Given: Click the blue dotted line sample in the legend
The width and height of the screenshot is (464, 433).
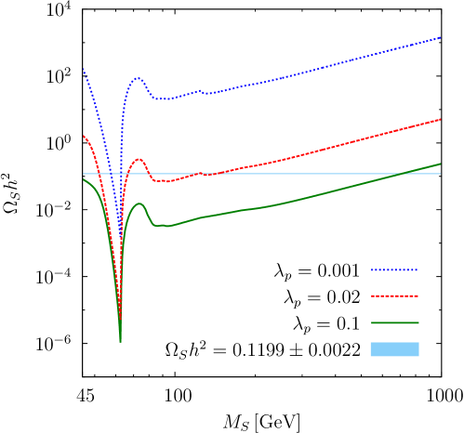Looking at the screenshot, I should pyautogui.click(x=394, y=270).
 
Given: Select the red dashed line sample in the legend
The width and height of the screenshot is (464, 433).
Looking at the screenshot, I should pyautogui.click(x=394, y=296).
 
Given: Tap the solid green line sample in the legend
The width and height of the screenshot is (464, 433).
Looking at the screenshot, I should pyautogui.click(x=394, y=323).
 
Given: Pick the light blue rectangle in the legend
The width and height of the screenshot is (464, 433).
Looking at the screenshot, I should pyautogui.click(x=394, y=349).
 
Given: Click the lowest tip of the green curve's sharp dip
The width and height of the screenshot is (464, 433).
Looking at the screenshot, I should pyautogui.click(x=120, y=341).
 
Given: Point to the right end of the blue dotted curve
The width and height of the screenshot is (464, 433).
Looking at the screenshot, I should pyautogui.click(x=440, y=38).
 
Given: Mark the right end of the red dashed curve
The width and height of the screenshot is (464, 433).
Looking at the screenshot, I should pyautogui.click(x=440, y=119).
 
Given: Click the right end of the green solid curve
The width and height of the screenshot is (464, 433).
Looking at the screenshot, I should pyautogui.click(x=440, y=164).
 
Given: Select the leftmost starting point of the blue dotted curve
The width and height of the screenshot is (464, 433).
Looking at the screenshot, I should pyautogui.click(x=83, y=69).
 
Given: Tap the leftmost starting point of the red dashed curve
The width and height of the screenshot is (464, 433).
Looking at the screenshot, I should pyautogui.click(x=83, y=136).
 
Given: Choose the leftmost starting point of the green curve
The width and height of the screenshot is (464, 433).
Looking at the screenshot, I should pyautogui.click(x=83, y=179).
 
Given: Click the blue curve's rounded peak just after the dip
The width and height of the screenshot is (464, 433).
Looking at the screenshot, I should pyautogui.click(x=138, y=78).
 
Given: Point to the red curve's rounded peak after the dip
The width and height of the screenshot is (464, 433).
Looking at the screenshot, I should pyautogui.click(x=139, y=159).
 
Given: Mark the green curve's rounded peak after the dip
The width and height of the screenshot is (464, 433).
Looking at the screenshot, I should pyautogui.click(x=140, y=203).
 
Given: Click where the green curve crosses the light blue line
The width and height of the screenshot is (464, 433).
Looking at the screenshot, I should pyautogui.click(x=402, y=174).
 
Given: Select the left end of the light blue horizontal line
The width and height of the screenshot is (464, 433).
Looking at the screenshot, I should pyautogui.click(x=83, y=174).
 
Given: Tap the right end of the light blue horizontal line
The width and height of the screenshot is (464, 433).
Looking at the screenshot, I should pyautogui.click(x=440, y=174).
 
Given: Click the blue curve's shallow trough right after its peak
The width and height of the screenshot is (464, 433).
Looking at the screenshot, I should pyautogui.click(x=164, y=98).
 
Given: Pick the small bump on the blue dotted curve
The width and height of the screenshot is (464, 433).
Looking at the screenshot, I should pyautogui.click(x=199, y=91).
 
